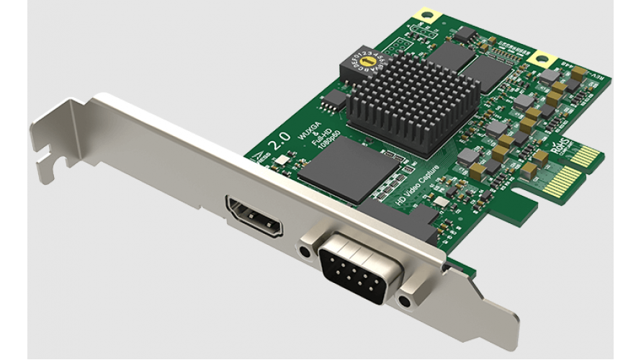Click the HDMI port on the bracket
(254, 218)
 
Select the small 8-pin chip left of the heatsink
(333, 99)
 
